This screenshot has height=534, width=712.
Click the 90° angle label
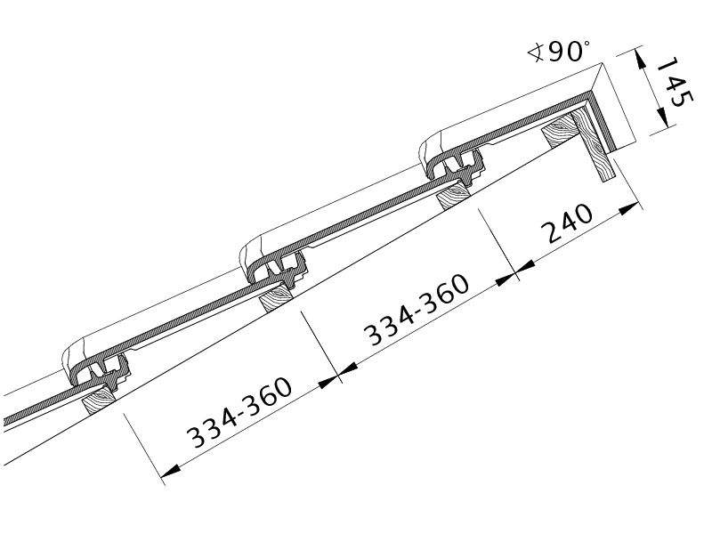tap(570, 51)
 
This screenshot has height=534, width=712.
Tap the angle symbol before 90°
tap(537, 52)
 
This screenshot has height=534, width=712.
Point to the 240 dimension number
tap(570, 223)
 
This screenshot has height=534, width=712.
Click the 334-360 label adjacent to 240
tap(417, 309)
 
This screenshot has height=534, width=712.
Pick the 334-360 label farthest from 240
tap(239, 412)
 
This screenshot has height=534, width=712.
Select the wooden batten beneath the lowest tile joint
tap(100, 399)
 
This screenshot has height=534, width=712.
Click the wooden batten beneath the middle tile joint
tap(276, 297)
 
